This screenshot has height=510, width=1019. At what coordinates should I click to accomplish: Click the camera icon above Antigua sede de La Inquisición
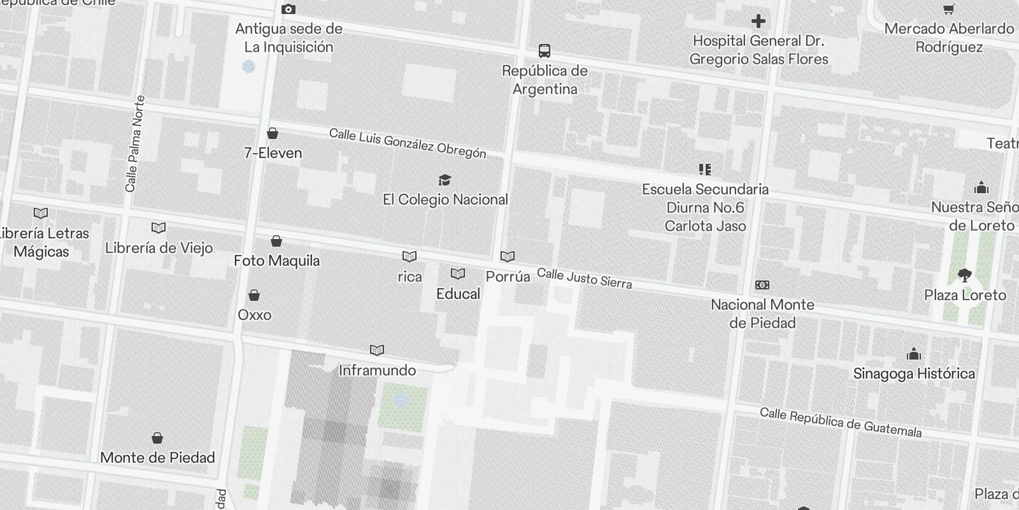coord(288,9)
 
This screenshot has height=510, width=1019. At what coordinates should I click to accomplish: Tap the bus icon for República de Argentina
coord(545,51)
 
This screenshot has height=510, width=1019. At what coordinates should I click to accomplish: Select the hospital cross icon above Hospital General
coord(758,21)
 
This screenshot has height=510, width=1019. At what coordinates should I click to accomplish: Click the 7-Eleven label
coord(273,153)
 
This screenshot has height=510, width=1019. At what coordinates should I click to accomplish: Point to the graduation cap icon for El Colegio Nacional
coord(445,180)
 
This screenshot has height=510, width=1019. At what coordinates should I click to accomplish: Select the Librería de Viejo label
coord(159,248)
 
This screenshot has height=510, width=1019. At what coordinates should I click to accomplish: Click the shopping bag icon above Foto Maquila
coord(276,241)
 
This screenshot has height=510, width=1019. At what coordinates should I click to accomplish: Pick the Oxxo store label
coord(254,315)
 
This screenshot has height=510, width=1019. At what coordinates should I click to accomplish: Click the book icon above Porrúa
coord(508,256)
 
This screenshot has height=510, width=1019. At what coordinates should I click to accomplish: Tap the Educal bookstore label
coord(458,294)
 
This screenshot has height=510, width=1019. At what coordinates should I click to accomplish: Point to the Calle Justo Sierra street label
coord(584,279)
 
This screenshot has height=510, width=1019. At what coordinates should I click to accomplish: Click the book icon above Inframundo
coord(377,350)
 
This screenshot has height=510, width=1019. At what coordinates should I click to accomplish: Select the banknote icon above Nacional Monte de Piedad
coord(762,285)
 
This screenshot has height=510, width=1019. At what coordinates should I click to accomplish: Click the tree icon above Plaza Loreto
coord(965,275)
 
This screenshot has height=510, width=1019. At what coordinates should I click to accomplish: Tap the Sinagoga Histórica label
coord(914,374)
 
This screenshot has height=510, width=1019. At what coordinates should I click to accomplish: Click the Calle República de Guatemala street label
coord(841,422)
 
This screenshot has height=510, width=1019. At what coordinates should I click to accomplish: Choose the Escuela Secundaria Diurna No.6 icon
coord(705,169)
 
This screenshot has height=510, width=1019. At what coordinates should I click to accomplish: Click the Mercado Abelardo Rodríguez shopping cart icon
coord(948,9)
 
